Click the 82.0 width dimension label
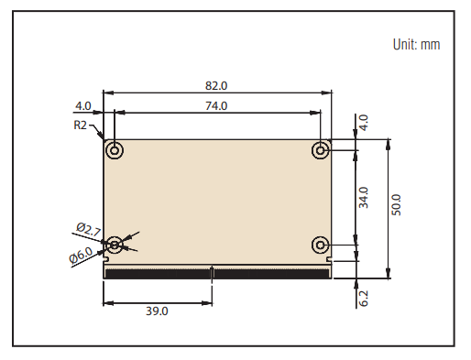click(216, 85)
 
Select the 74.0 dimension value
click(216, 105)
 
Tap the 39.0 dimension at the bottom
click(157, 311)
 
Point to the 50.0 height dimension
click(396, 204)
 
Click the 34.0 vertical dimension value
click(363, 198)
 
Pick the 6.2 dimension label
click(363, 298)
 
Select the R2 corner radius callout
click(81, 125)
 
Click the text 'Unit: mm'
click(416, 44)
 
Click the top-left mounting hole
click(115, 150)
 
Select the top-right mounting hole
click(321, 150)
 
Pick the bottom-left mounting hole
click(115, 244)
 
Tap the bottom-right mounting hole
click(321, 244)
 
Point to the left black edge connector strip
click(158, 272)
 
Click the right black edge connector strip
click(271, 272)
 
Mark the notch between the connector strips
click(213, 271)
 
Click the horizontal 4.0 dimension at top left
click(83, 105)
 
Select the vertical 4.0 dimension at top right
click(363, 122)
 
